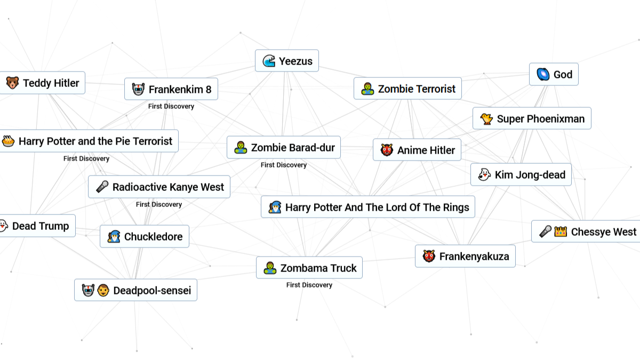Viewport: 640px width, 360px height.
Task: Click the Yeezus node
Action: click(287, 61)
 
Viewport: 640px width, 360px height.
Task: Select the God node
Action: click(554, 74)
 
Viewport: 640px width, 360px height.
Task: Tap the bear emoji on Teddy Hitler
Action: click(12, 83)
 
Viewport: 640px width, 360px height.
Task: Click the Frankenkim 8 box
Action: click(171, 89)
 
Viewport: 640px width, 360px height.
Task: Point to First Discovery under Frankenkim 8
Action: click(171, 106)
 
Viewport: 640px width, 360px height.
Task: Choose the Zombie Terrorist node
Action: click(407, 89)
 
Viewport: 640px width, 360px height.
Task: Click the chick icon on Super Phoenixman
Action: click(486, 119)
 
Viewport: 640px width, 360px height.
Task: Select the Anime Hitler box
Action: click(417, 150)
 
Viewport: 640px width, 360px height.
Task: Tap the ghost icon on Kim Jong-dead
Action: click(484, 174)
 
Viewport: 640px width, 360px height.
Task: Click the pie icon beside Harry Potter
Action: click(8, 141)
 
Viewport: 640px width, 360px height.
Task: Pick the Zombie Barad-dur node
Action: click(284, 147)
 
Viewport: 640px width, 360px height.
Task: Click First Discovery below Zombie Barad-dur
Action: click(284, 165)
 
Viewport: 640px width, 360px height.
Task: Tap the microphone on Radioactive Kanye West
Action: click(102, 187)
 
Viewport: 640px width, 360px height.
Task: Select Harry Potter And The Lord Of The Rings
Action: click(368, 207)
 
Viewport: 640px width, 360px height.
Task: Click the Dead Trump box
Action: click(37, 226)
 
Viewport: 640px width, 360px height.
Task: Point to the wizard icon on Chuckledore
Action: click(114, 237)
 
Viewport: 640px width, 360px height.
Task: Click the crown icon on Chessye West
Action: click(561, 231)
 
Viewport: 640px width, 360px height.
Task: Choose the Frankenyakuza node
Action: click(466, 257)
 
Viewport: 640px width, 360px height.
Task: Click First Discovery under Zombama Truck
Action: click(309, 285)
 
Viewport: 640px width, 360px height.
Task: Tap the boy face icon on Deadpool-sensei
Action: click(103, 290)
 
